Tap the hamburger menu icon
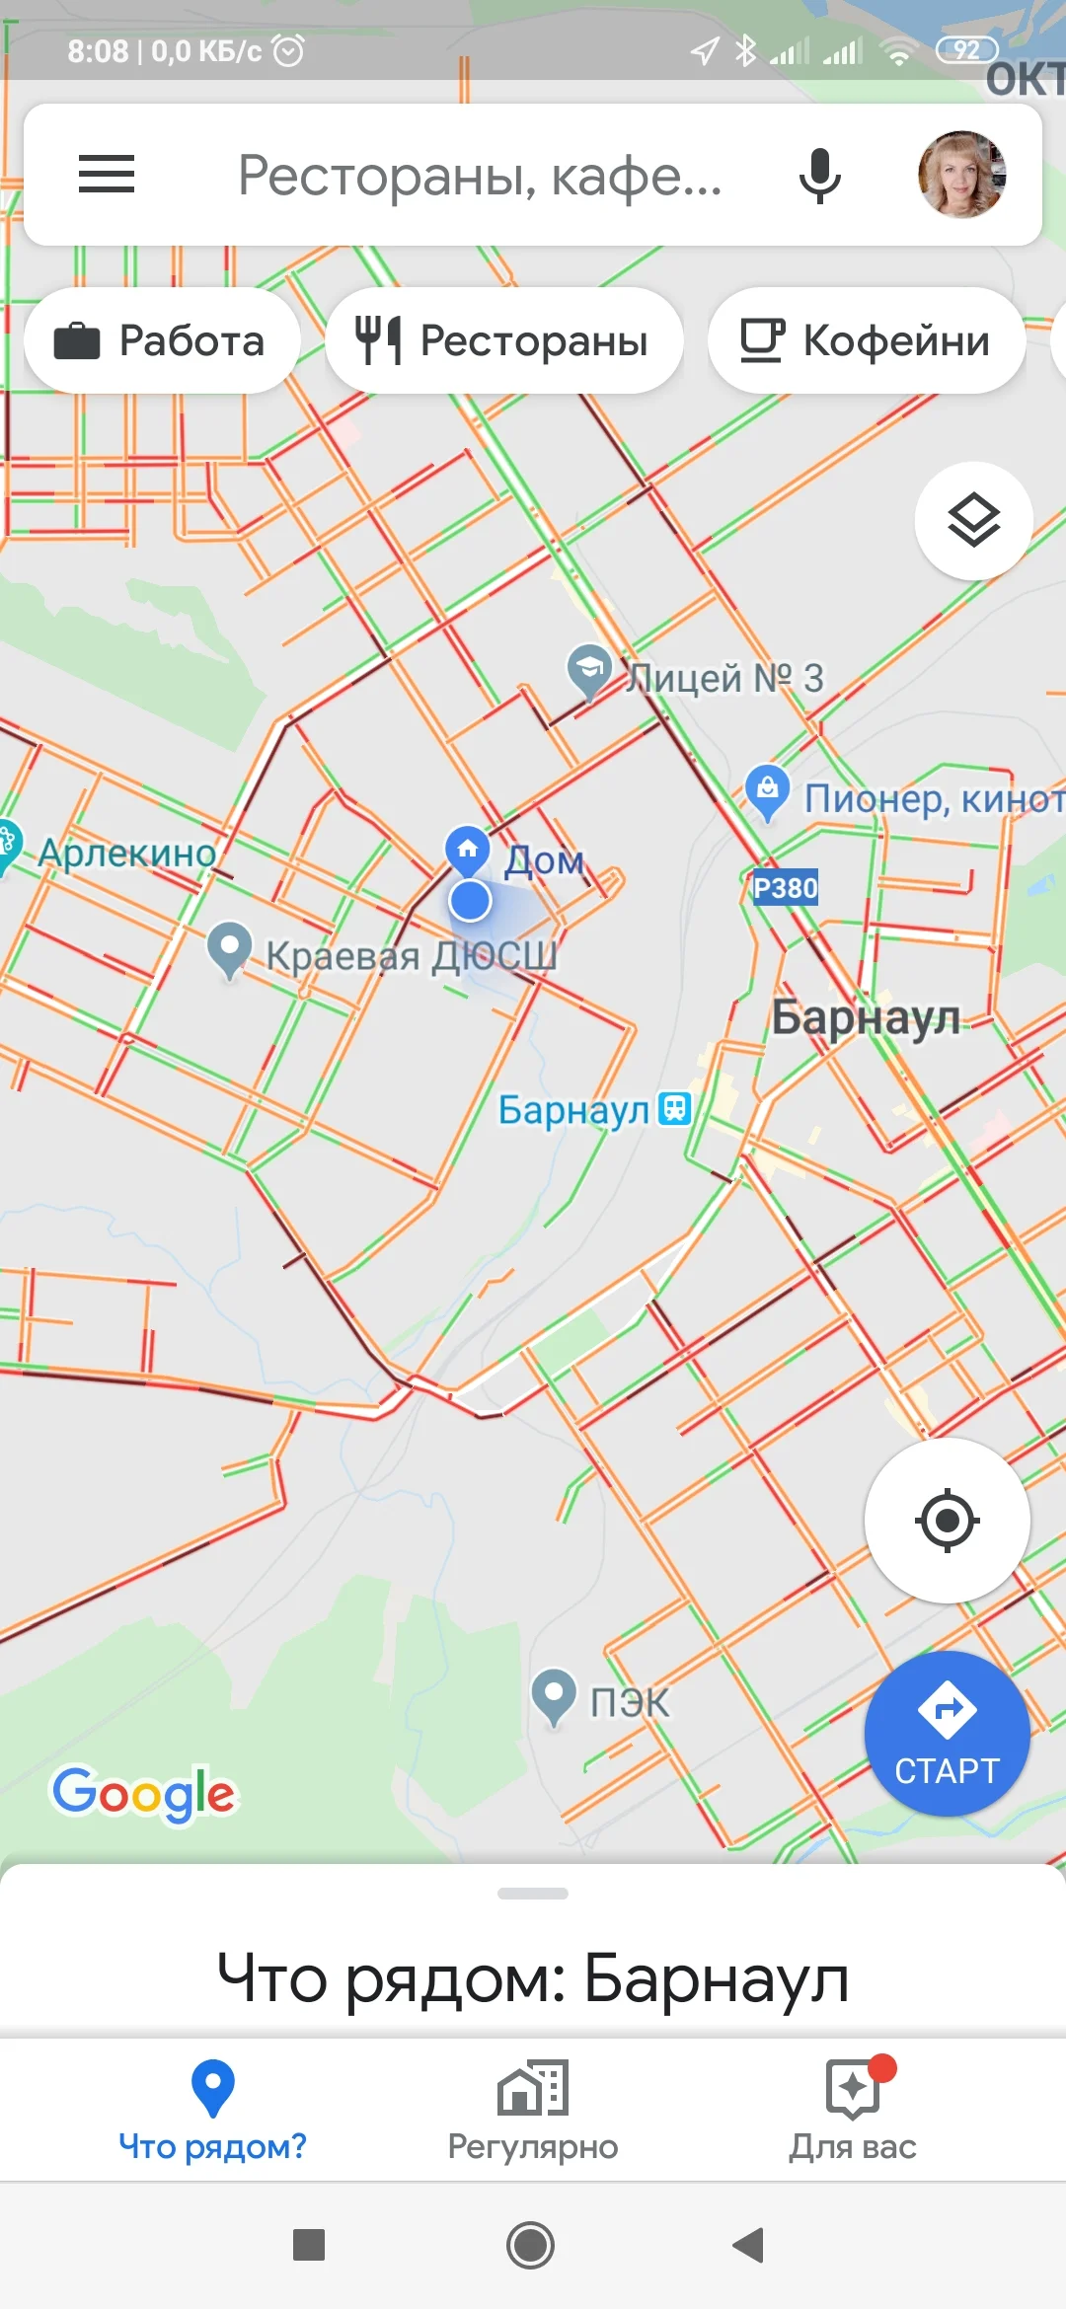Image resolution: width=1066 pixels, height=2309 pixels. click(107, 175)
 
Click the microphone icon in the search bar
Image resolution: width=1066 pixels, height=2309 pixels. click(819, 176)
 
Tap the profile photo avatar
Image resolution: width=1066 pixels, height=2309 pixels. click(962, 175)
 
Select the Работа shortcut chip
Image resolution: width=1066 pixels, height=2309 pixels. click(162, 340)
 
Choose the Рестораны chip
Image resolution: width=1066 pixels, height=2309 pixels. click(503, 340)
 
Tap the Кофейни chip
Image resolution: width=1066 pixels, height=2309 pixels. click(866, 340)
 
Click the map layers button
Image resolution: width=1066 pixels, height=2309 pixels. click(973, 520)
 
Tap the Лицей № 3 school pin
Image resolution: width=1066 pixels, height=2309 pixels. click(589, 670)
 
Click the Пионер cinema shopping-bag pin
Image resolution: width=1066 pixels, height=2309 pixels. click(767, 790)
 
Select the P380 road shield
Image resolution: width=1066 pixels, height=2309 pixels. click(785, 888)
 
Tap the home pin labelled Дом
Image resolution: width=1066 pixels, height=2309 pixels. click(468, 849)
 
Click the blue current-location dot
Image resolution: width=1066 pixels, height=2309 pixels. click(470, 901)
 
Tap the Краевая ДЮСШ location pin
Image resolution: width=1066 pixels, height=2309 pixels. click(229, 948)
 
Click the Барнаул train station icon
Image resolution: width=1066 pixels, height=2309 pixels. click(675, 1108)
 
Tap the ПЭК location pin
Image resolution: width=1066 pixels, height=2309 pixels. click(554, 1694)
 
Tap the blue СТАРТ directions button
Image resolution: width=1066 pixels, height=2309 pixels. click(947, 1734)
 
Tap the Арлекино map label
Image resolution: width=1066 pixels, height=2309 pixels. click(126, 853)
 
